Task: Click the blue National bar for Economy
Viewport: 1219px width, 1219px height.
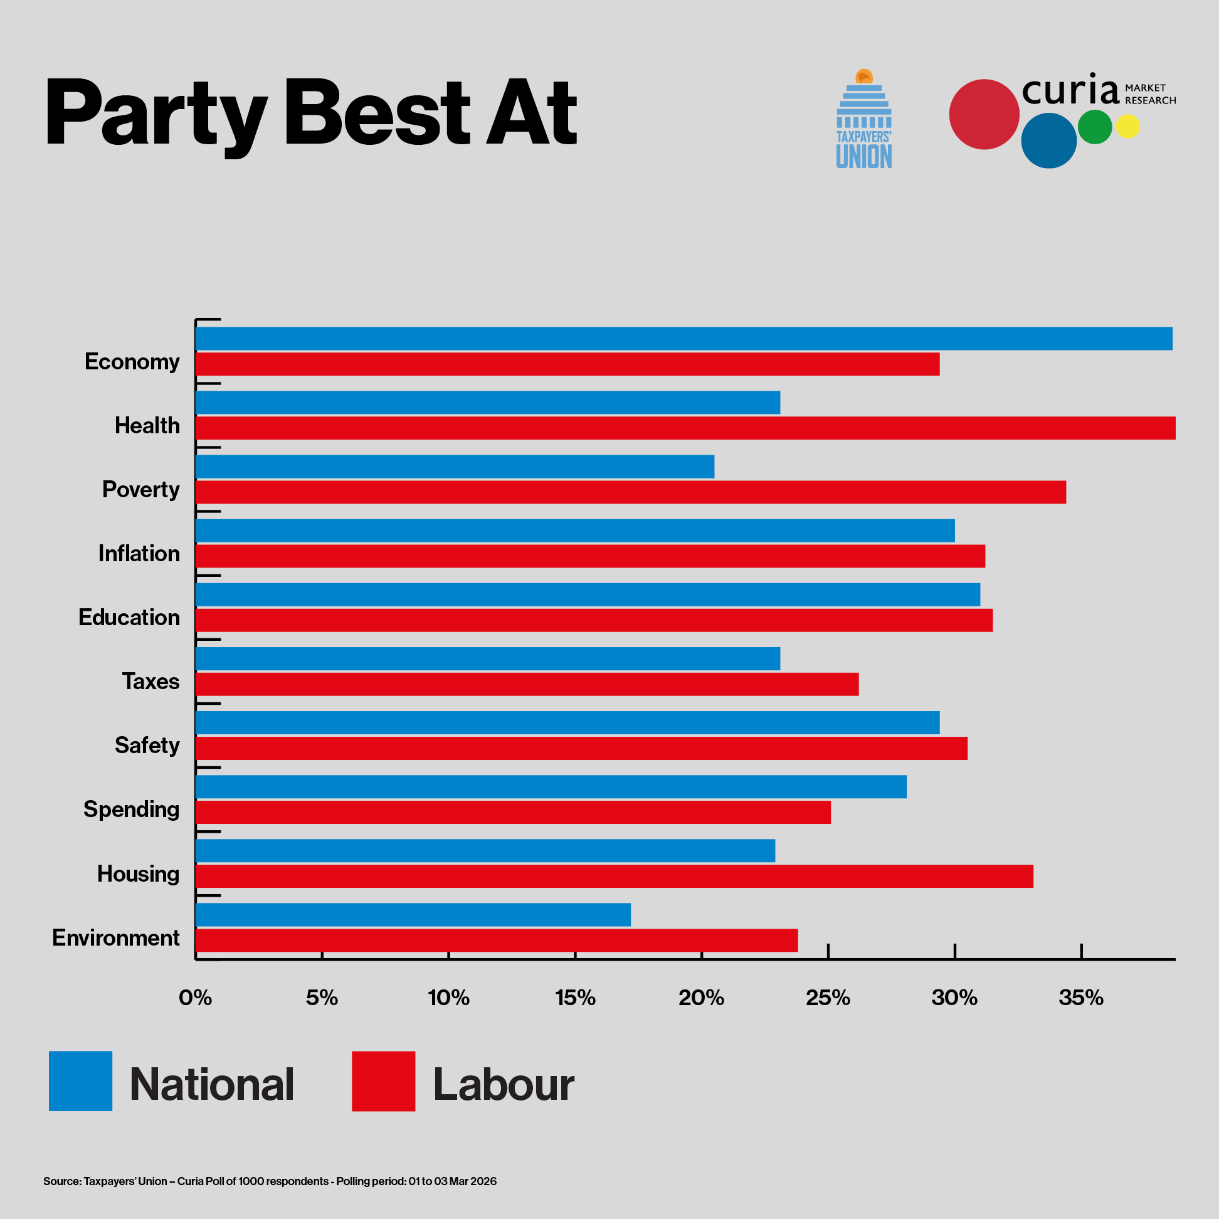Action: coord(683,339)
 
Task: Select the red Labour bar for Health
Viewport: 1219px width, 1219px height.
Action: coord(685,428)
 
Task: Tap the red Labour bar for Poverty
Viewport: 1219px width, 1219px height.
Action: coord(630,492)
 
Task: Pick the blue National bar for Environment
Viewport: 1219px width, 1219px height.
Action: coord(413,914)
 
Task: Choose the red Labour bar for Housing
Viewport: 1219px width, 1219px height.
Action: coord(614,876)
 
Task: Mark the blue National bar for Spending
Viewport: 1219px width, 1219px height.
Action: coord(551,786)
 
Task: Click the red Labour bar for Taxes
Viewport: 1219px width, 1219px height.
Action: coord(527,684)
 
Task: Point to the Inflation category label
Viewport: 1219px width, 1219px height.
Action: coord(139,553)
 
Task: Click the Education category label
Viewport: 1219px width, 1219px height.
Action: coord(129,617)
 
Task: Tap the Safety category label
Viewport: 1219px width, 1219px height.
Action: coord(147,745)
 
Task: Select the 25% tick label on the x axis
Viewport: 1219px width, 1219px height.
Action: coord(828,998)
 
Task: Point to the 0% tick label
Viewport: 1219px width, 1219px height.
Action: coord(195,998)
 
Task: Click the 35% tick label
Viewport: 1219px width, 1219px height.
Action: coord(1081,998)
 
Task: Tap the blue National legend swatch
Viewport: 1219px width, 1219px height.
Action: coord(80,1081)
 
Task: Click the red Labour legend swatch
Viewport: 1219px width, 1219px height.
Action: coord(383,1081)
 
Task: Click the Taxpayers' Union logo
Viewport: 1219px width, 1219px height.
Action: coord(864,120)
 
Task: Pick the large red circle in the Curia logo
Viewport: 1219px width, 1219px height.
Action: coord(984,114)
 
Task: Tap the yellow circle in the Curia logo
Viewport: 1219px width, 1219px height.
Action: coord(1127,126)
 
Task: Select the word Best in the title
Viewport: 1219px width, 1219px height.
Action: coord(377,113)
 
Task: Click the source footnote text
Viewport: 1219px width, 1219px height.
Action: coord(270,1181)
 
